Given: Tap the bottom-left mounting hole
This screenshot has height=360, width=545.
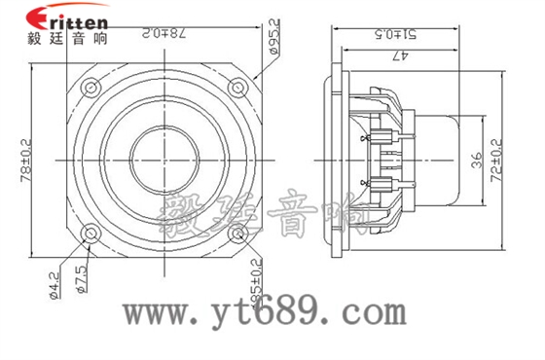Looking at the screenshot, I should click(91, 234).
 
